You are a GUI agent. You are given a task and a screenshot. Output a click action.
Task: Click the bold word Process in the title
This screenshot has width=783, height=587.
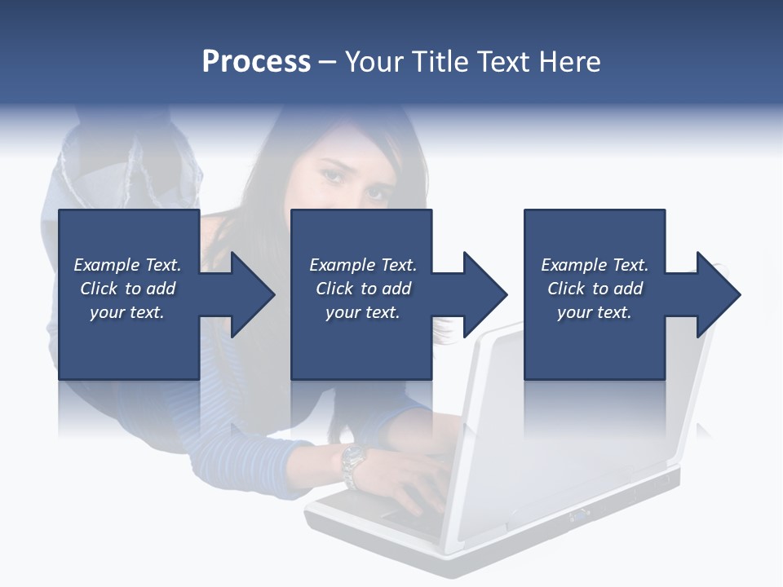click(256, 62)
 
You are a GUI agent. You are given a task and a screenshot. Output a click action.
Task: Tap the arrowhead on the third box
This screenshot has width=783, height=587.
click(717, 294)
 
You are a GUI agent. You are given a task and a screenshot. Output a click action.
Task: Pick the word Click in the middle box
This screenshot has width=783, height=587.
click(334, 289)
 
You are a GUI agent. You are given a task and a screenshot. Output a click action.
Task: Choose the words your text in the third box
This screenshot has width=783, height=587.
click(594, 312)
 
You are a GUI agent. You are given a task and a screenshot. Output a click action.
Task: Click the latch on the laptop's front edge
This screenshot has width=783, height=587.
click(580, 514)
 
